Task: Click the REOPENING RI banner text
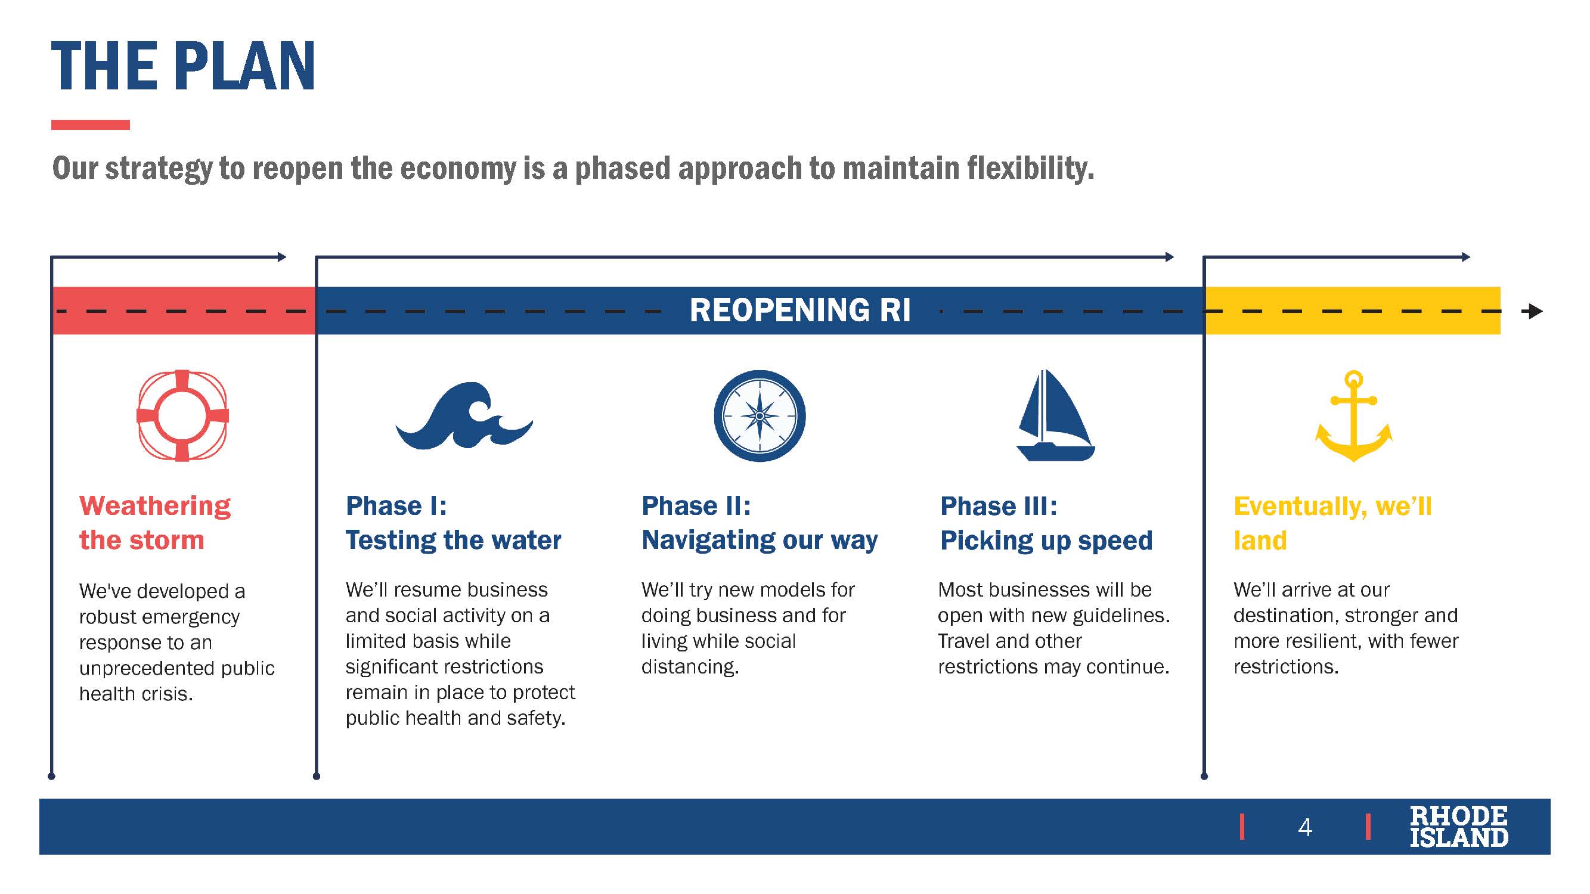[x=800, y=311]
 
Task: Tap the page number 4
[x=1304, y=827]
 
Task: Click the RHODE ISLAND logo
[x=1458, y=827]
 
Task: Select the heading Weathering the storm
[x=155, y=523]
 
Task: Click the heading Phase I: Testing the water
[x=453, y=523]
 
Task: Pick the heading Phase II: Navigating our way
[x=759, y=523]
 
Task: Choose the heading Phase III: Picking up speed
[x=1046, y=523]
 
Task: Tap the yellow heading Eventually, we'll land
[x=1332, y=523]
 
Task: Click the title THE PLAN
[x=183, y=66]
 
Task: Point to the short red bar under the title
[x=90, y=125]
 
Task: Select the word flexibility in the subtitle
[x=1030, y=169]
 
